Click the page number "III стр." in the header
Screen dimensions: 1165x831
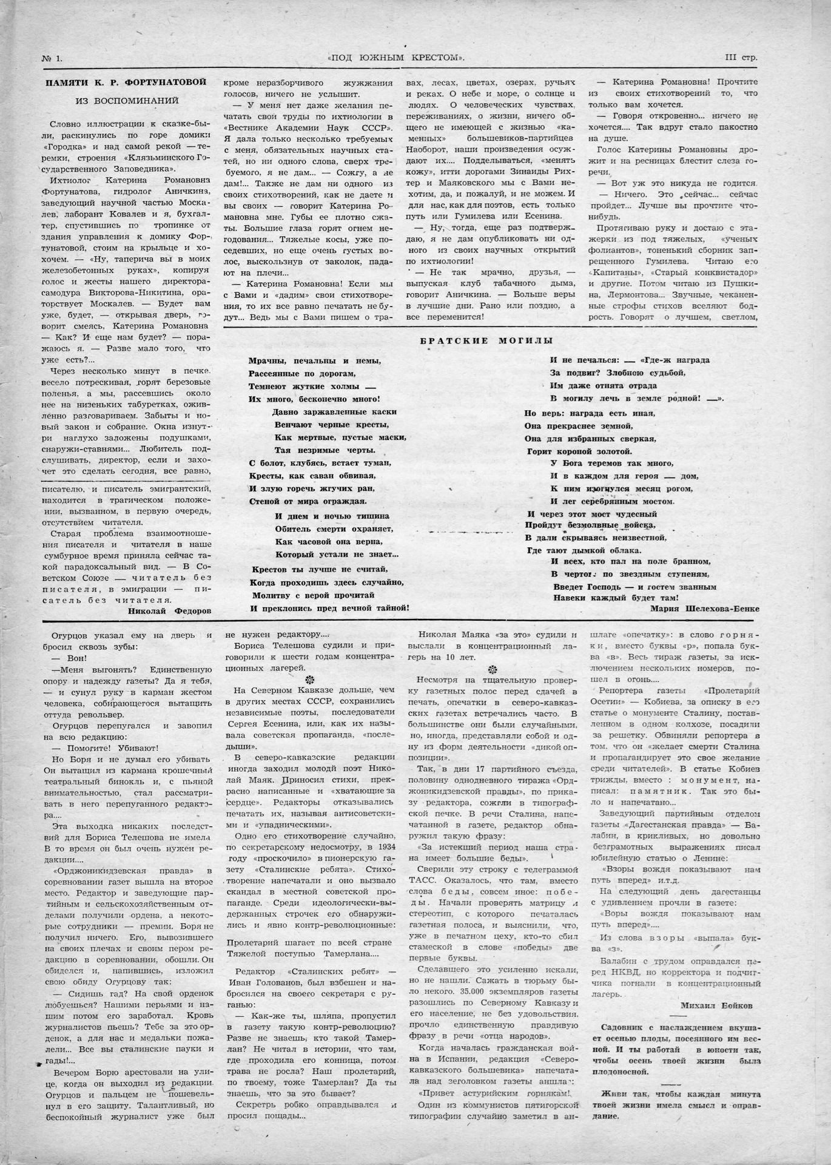741,58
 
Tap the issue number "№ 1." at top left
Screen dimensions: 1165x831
56,59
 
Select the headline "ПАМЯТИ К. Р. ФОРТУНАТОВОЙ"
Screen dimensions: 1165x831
127,82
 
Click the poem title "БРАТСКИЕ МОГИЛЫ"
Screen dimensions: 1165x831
486,340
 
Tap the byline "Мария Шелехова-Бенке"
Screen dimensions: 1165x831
704,608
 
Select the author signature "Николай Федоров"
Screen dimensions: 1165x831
170,611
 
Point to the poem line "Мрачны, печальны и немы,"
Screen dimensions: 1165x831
315,360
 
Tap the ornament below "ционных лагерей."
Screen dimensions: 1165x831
310,680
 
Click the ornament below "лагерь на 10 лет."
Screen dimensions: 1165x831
492,669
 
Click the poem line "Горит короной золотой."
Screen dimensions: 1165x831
571,451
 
